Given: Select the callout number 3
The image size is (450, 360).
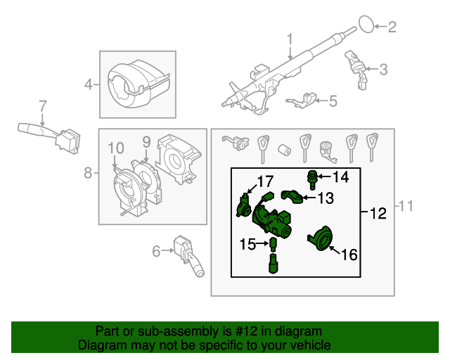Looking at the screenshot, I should point(383,70).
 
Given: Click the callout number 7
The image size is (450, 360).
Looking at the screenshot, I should point(42,106).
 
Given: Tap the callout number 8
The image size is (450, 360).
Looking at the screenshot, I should point(88,173).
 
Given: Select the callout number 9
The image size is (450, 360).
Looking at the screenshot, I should point(146,143).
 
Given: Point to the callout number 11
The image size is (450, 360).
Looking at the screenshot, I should point(406,206).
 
